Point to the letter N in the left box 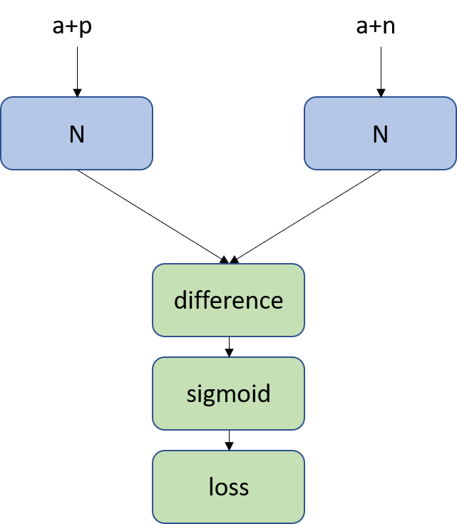coord(76,134)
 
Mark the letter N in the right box coord(380,134)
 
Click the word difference coord(228,300)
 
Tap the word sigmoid coord(228,394)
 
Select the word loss coord(228,487)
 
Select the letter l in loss coord(211,486)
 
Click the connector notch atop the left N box coord(77,97)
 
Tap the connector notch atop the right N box coord(381,97)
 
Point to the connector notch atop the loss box coord(229,451)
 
